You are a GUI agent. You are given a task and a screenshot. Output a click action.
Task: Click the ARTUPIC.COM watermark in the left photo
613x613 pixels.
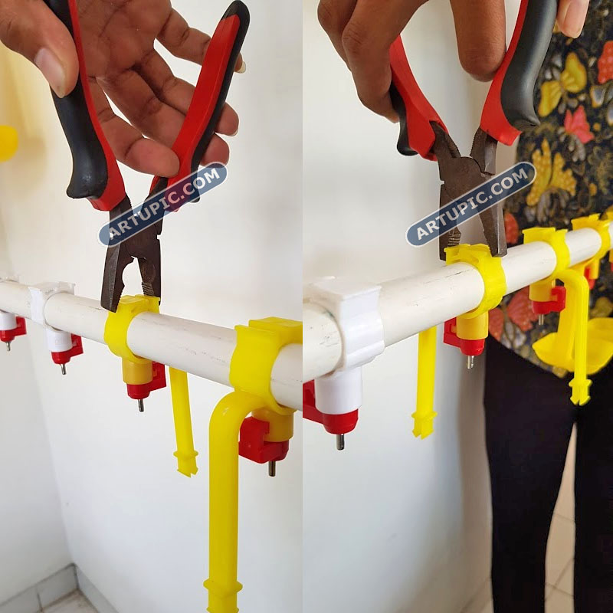pos(162,204)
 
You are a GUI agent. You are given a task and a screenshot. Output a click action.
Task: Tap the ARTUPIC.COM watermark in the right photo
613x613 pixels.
pos(470,204)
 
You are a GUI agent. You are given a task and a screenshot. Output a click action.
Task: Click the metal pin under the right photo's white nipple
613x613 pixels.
pos(340,441)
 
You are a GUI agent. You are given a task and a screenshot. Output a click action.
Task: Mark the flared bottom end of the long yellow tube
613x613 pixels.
pos(221,596)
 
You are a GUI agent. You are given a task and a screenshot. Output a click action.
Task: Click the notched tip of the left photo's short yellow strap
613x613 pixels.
pos(186,464)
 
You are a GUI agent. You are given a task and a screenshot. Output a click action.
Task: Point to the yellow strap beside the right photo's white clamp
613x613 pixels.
pos(425,381)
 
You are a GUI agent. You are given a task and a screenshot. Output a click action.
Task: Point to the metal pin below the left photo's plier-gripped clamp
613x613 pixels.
pos(141,405)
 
